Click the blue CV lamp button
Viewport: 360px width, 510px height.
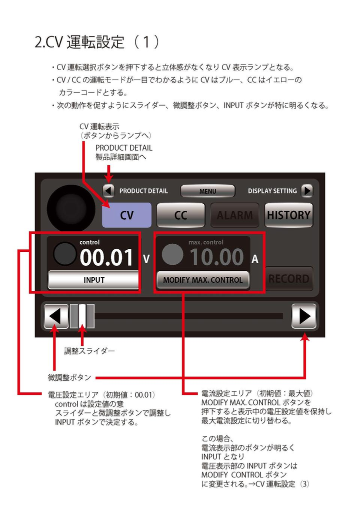coord(126,215)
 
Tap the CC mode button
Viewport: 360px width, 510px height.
coord(180,215)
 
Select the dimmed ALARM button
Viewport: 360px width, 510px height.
coord(234,215)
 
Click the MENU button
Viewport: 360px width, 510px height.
coord(207,191)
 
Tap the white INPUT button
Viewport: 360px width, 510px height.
coord(94,280)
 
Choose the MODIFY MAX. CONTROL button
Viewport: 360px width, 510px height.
coord(202,280)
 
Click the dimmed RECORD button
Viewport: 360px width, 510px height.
coord(289,278)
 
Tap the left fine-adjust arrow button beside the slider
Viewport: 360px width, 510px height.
coord(56,316)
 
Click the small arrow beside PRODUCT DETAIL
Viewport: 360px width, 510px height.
coord(108,191)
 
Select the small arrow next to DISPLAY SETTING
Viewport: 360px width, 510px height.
coord(306,191)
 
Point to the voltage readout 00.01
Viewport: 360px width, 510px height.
coord(106,257)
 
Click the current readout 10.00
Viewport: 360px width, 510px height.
coord(216,257)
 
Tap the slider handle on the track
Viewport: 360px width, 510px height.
coord(82,316)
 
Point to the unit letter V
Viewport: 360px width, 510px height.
coord(146,259)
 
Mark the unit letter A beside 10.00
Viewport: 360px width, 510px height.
coord(255,259)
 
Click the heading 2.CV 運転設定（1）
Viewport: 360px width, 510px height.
coord(97,42)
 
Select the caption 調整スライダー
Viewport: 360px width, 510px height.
coord(89,351)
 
